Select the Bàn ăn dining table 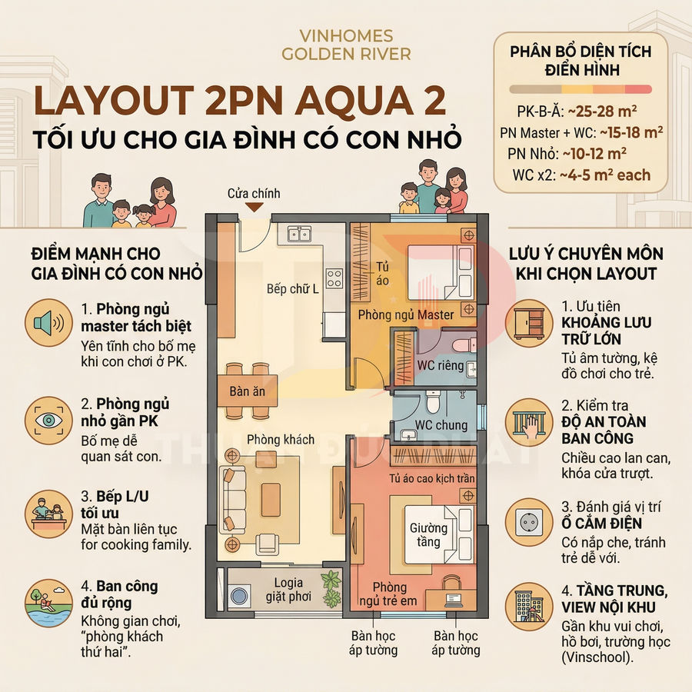coord(248,391)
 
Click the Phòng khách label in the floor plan coord(281,440)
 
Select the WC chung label coord(441,425)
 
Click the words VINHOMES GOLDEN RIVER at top coord(346,45)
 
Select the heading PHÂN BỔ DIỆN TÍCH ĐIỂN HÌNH coord(581,61)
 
